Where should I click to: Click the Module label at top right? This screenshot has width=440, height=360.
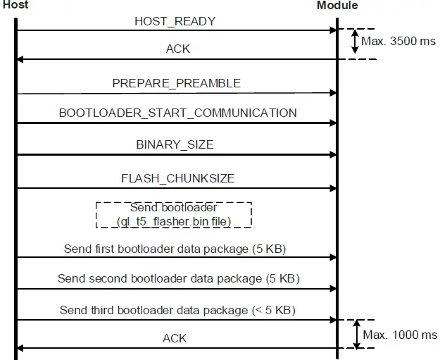point(337,6)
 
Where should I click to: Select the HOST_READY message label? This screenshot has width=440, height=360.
point(175,21)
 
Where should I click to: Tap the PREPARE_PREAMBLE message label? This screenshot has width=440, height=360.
point(176,83)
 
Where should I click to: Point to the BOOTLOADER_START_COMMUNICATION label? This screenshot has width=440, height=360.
point(177,113)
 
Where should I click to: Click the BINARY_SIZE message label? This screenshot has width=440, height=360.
point(175,144)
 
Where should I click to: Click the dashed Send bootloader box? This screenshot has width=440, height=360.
point(173,215)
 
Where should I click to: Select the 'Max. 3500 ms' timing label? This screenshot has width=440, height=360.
point(398,42)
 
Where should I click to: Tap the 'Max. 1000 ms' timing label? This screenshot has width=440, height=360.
point(399,335)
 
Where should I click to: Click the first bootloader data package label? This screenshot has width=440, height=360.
point(175,249)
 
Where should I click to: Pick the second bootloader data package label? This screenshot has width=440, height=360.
point(178,279)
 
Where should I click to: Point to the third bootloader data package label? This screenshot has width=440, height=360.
point(177,310)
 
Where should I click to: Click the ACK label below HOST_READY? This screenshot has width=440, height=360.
point(177,49)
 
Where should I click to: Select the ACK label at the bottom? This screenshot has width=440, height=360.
point(175,339)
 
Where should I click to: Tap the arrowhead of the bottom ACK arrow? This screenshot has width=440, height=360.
point(20,348)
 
